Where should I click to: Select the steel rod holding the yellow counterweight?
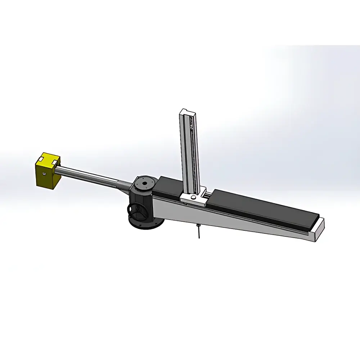(x=90, y=176)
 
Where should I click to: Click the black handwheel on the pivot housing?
(x=136, y=211)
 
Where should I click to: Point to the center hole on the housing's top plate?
(x=144, y=183)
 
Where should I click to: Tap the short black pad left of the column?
(x=169, y=185)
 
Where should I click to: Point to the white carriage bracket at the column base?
(x=191, y=197)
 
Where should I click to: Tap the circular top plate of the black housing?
(x=145, y=184)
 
